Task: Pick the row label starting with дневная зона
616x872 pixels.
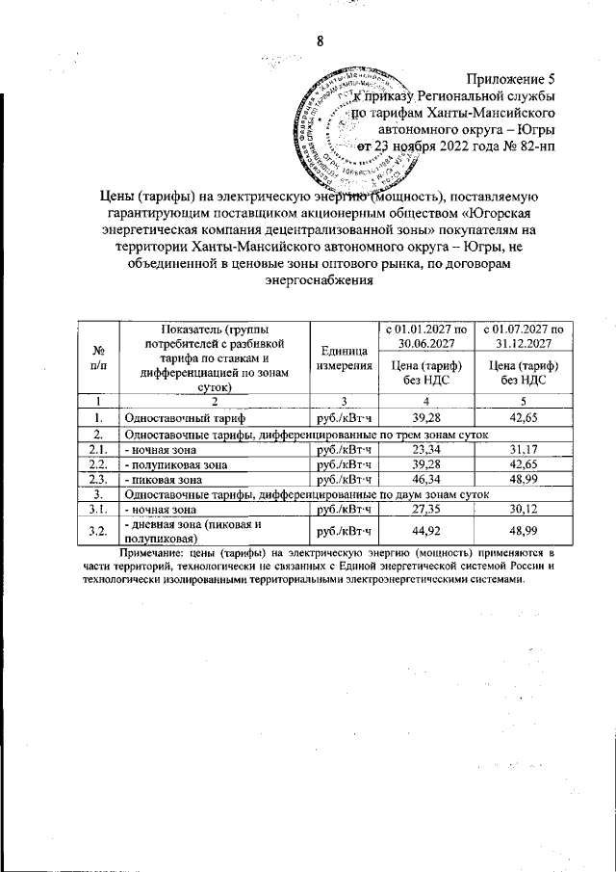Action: point(192,529)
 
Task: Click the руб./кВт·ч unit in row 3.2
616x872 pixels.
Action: point(344,529)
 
